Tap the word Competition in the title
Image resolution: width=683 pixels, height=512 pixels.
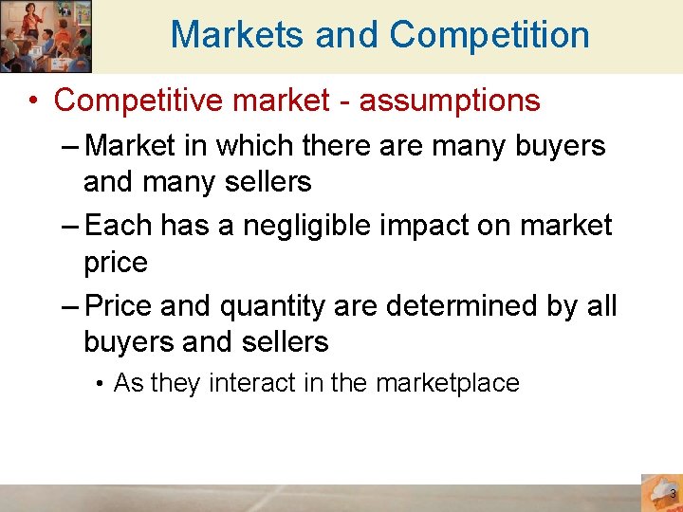coord(489,35)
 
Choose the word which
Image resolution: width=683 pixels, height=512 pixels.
coord(249,146)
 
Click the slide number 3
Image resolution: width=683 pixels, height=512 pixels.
coord(672,495)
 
